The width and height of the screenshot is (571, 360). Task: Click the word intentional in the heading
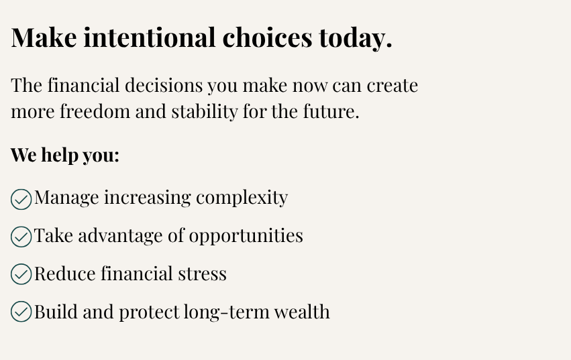coord(150,37)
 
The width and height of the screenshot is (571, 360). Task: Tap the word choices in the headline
coord(267,37)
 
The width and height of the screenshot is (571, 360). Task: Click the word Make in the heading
coord(44,37)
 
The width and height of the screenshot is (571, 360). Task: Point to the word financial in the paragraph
coord(83,85)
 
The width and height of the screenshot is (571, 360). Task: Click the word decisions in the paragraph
coord(164,85)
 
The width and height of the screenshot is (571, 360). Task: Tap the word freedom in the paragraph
coord(95,111)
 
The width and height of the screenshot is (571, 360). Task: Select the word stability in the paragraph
coord(205,112)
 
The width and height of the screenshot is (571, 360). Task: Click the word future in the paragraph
coord(331,111)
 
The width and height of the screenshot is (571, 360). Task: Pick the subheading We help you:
coord(65,156)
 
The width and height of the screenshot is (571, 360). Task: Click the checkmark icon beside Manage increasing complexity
coord(21,200)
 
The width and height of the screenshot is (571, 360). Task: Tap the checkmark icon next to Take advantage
coord(21,237)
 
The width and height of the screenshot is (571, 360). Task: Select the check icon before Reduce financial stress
coord(21,274)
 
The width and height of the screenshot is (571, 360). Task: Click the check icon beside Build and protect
coord(21,312)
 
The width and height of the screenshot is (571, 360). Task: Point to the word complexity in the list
coord(242,198)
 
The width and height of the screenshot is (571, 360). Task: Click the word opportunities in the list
coord(246,236)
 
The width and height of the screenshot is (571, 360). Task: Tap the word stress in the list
coord(202,274)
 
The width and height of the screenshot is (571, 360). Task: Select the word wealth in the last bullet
coord(302,312)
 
